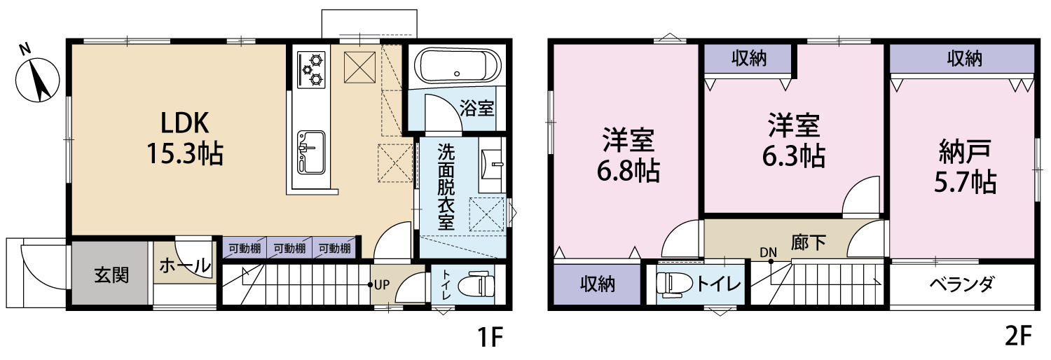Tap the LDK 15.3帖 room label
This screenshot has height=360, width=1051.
click(185, 138)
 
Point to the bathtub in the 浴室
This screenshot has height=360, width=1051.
click(453, 66)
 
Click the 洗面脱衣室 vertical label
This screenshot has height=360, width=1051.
click(446, 186)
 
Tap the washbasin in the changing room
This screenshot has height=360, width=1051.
click(490, 164)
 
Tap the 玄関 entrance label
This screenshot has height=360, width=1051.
click(111, 275)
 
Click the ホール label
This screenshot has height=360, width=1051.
click(185, 265)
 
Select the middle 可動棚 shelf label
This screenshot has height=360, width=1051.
click(289, 249)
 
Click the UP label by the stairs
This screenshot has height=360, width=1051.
click(382, 284)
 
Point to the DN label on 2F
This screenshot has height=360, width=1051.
click(769, 253)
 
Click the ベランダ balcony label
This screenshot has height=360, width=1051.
click(962, 284)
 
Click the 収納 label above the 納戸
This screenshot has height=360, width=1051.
click(964, 59)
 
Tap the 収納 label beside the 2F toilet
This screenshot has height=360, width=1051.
click(597, 284)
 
